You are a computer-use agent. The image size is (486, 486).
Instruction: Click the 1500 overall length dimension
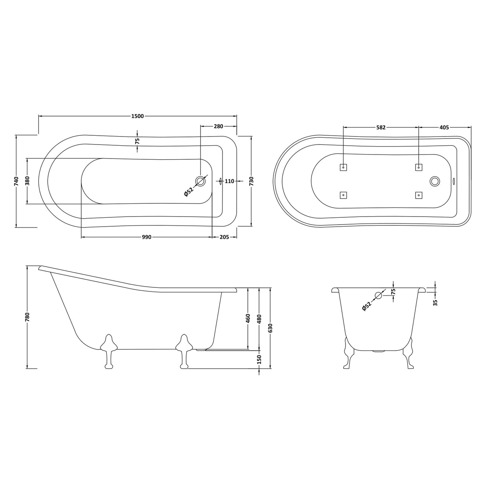[x=137, y=116]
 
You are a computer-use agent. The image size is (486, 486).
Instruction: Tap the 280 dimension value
[x=219, y=127]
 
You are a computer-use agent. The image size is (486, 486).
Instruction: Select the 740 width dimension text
[x=16, y=181]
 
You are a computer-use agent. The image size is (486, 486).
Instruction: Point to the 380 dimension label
[x=28, y=181]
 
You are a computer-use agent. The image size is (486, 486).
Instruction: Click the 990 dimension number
[x=147, y=237]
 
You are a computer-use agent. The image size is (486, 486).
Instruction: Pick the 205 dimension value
[x=224, y=237]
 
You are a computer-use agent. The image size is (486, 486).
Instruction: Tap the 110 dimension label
[x=229, y=181]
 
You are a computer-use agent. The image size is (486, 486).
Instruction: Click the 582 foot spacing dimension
[x=381, y=128]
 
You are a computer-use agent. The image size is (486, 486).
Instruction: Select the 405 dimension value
[x=444, y=128]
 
